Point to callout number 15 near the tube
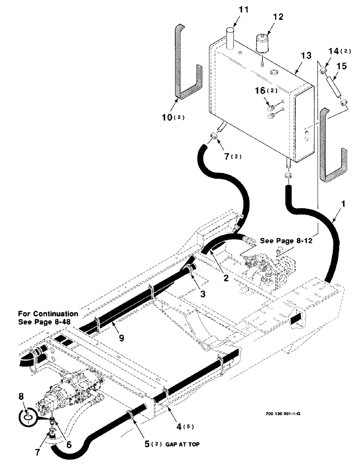341,67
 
